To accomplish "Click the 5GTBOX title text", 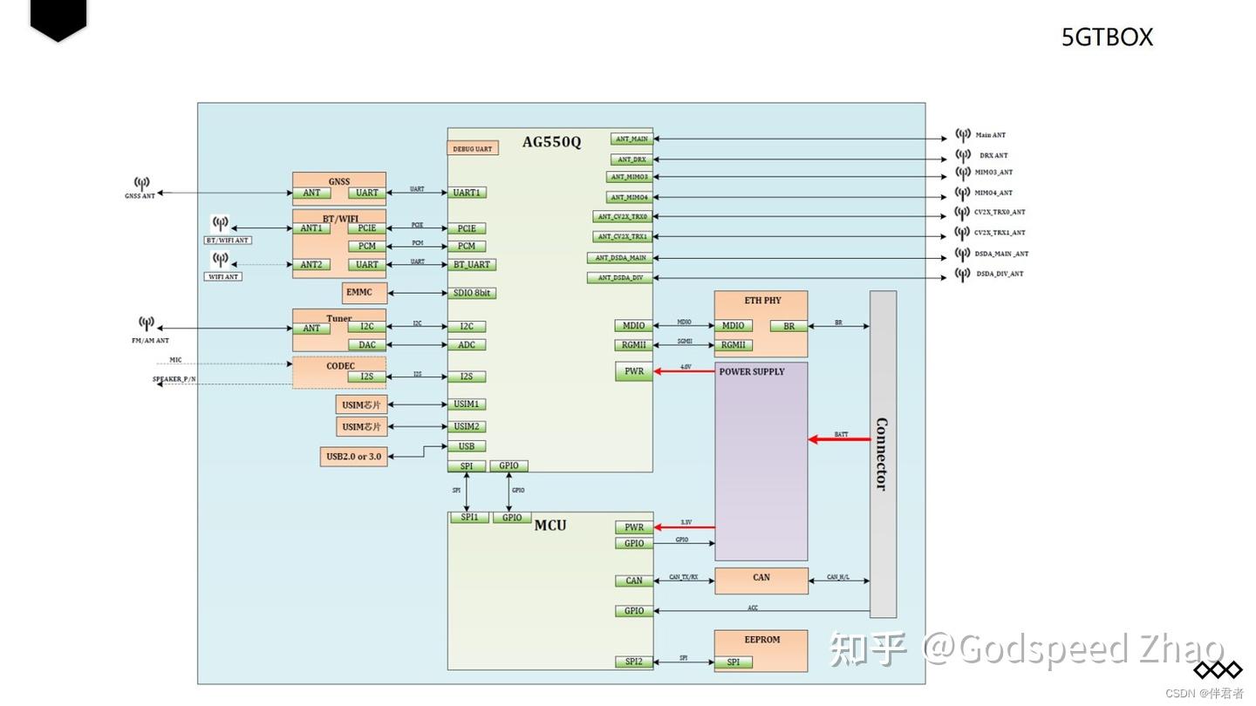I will (x=1107, y=37).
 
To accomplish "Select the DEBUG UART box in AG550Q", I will (x=473, y=148).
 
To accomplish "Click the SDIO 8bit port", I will (x=472, y=293).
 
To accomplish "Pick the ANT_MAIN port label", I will (x=631, y=139).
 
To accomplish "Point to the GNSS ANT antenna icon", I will (x=141, y=184).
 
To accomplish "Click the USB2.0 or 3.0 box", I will (x=353, y=456).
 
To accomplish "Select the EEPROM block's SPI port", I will (x=734, y=662).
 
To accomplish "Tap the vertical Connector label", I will (x=882, y=454).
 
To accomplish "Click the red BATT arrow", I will (x=838, y=439).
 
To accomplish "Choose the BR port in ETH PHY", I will (x=788, y=326).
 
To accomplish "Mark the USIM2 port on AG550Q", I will (x=467, y=426).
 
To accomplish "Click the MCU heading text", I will (x=550, y=525).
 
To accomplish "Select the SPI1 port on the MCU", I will (x=469, y=518).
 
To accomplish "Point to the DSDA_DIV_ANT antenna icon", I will (x=963, y=274).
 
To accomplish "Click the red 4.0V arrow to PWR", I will (x=684, y=371).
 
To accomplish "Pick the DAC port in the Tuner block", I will (x=367, y=344).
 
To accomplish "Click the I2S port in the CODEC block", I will (x=367, y=377).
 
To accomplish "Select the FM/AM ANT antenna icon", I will (x=147, y=324).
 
